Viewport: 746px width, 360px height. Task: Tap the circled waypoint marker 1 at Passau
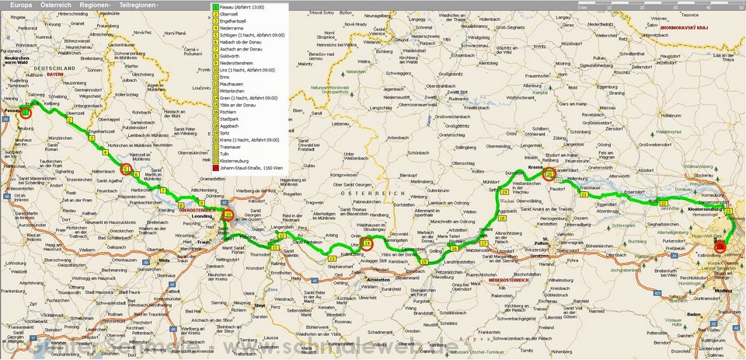coord(26,113)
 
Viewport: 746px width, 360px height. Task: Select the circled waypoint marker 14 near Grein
coord(368,242)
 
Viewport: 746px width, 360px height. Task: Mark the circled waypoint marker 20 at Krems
coord(549,176)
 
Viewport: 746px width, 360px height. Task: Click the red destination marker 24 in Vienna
coord(720,246)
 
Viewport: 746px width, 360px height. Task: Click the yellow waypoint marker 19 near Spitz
coord(504,191)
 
